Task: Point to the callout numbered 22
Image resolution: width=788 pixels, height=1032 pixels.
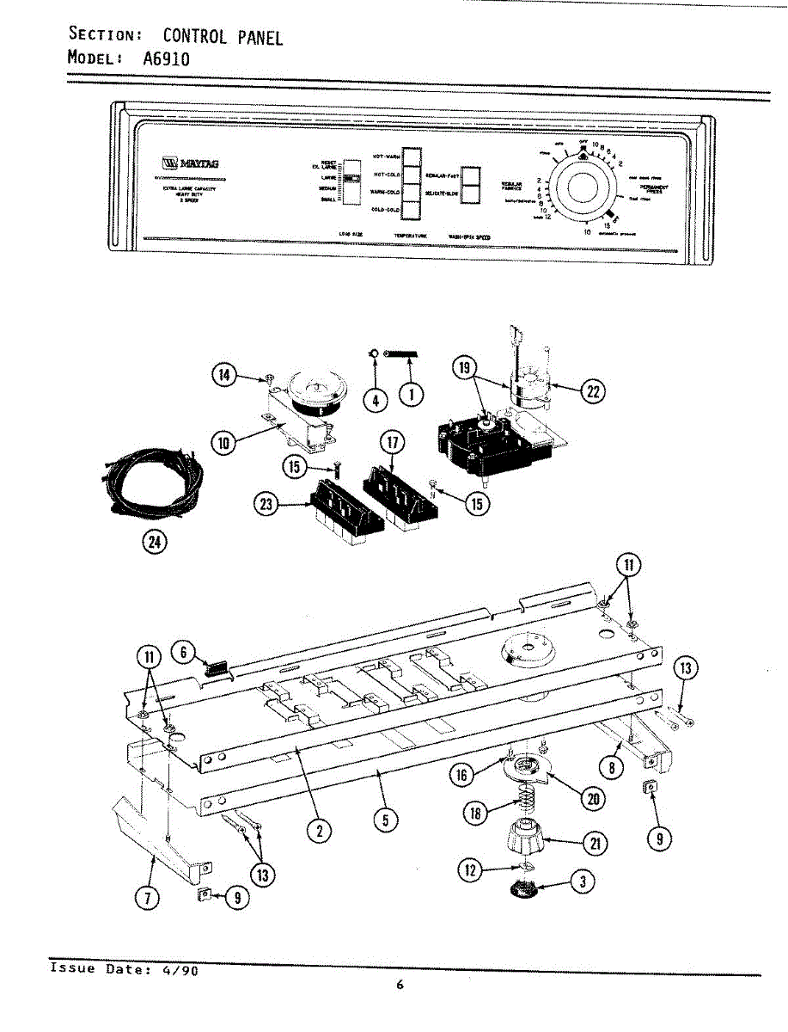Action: click(x=591, y=393)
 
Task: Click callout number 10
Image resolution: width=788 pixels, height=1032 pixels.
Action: click(x=223, y=443)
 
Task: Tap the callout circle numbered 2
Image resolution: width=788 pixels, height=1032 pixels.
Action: click(x=319, y=830)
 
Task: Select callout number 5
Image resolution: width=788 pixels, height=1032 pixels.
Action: click(x=386, y=820)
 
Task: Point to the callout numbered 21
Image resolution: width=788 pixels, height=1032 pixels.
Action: click(x=593, y=844)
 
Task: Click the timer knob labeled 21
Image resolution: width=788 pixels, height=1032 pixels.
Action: click(x=525, y=835)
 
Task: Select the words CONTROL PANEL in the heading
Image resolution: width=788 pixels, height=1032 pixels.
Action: click(x=223, y=36)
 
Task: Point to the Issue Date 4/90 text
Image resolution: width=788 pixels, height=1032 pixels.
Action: click(x=125, y=969)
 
